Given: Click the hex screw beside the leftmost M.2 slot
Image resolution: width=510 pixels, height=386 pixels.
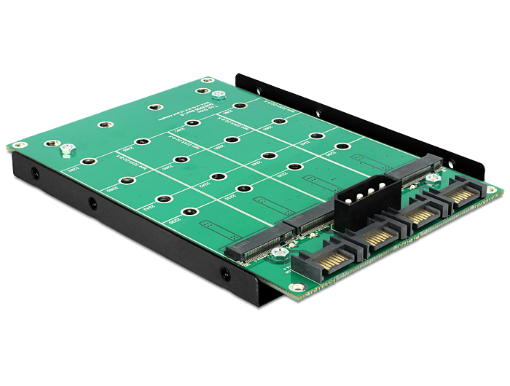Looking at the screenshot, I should pyautogui.click(x=278, y=255).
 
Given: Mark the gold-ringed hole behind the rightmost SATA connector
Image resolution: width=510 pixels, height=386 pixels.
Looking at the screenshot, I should pyautogui.click(x=493, y=190).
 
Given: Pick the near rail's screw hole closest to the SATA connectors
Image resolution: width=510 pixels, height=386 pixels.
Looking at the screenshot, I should pyautogui.click(x=225, y=276).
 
